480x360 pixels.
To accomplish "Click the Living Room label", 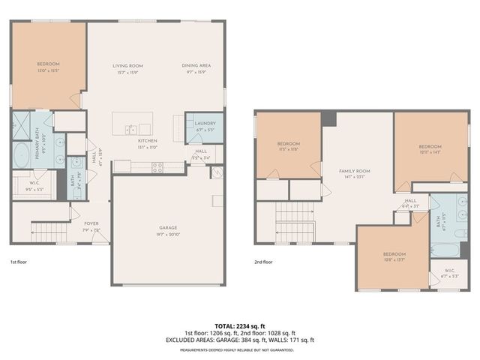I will (127, 66).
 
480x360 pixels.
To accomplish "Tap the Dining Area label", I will (196, 66).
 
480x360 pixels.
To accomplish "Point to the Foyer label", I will (91, 223).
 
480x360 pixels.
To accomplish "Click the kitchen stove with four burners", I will (158, 168).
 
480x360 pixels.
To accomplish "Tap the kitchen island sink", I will (131, 128).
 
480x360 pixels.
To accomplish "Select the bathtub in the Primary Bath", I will (19, 154).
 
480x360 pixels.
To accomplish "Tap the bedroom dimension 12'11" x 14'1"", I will (430, 150).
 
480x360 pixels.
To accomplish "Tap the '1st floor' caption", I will (19, 262).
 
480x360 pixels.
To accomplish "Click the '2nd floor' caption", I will (263, 262).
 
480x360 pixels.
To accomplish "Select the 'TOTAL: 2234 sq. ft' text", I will (240, 325).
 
